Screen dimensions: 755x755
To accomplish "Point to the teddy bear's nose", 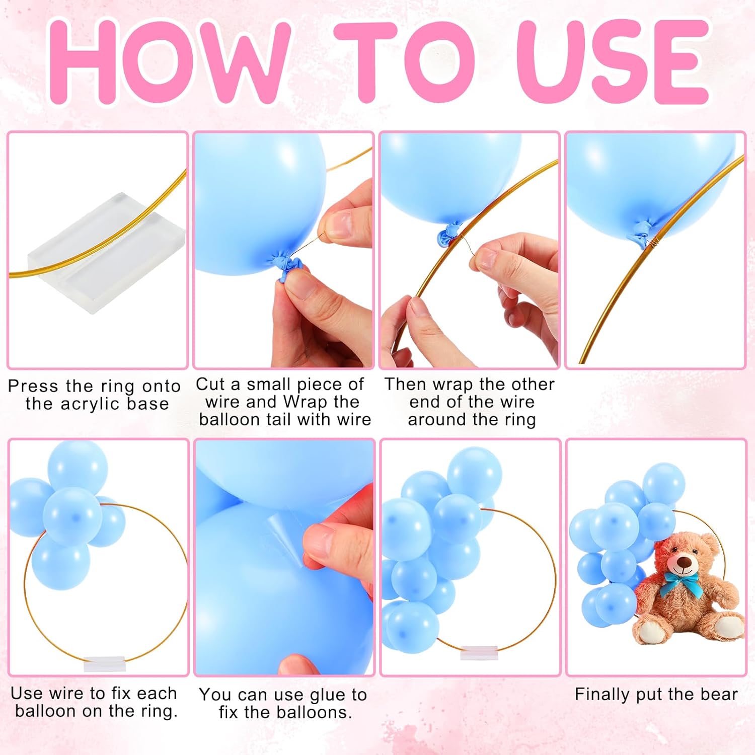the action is pos(683,561).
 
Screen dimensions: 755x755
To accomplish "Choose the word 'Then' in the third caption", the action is pos(406,384).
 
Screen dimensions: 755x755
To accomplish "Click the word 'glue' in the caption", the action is pos(328,695).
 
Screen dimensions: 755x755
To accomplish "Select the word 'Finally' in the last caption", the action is pos(602,695).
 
